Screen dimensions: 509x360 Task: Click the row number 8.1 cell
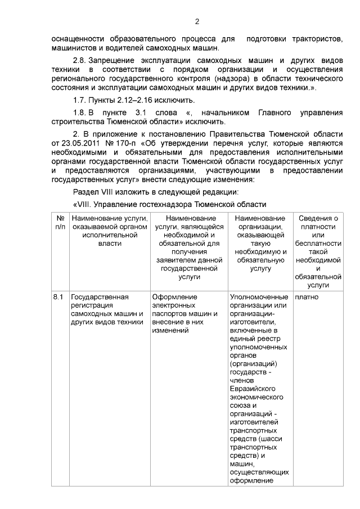click(58, 296)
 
